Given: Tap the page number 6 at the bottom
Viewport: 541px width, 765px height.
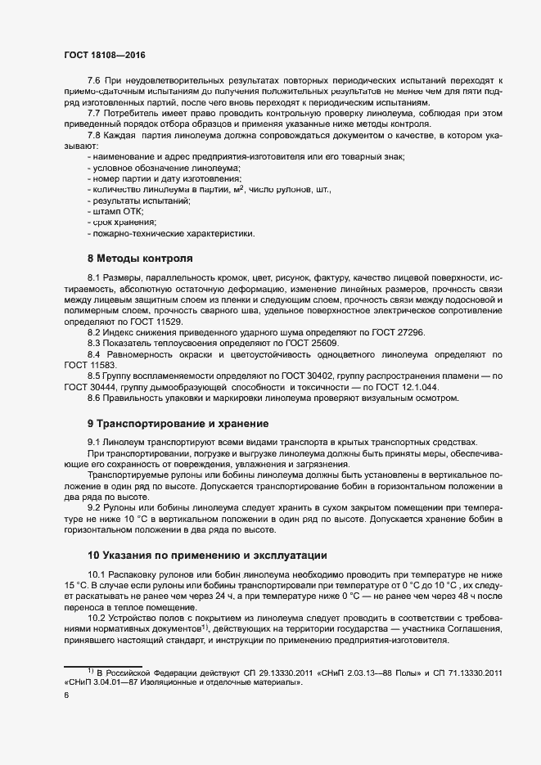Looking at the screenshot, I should click(x=66, y=695).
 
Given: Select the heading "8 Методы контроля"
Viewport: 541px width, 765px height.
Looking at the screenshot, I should click(x=140, y=258).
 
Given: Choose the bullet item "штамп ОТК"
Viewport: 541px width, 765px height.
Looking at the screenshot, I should click(x=119, y=211).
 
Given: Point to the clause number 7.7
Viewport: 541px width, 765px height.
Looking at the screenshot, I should click(x=94, y=112).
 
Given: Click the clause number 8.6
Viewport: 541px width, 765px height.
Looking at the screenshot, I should click(x=94, y=398).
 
